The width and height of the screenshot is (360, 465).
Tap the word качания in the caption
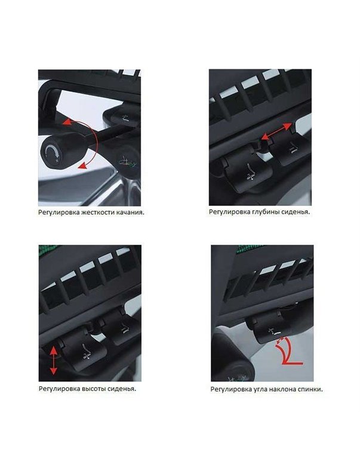[129, 212]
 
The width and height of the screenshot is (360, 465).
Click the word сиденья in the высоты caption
[121, 389]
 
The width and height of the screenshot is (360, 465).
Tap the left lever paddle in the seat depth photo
[245, 174]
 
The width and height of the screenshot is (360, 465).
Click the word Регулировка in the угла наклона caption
[229, 389]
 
